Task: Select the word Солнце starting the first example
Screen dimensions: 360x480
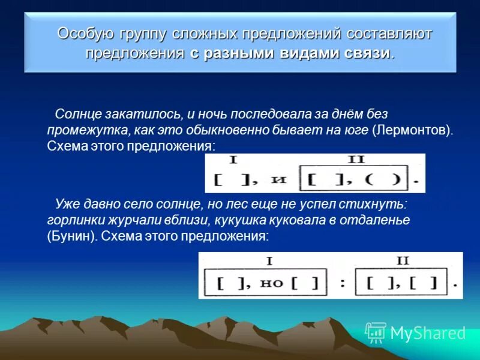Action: (74, 114)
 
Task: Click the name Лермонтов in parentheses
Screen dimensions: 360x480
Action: (412, 130)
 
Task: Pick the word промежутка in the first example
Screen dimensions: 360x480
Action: (76, 130)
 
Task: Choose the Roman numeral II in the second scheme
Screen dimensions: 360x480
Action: (403, 260)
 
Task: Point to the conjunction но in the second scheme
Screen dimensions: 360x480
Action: (272, 282)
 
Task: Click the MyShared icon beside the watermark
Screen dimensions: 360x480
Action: (376, 332)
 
